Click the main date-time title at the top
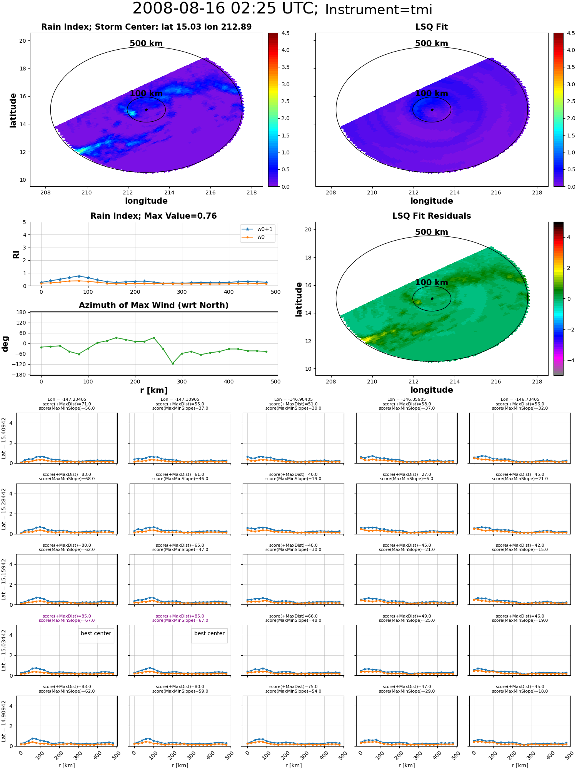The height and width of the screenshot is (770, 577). [x=282, y=9]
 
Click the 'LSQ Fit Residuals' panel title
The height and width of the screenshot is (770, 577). [x=432, y=216]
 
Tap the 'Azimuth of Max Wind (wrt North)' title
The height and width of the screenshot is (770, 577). [x=153, y=305]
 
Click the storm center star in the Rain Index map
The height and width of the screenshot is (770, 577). [x=146, y=110]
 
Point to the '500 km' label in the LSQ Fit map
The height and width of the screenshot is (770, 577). [x=432, y=44]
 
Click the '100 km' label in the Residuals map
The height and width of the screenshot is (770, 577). [x=432, y=282]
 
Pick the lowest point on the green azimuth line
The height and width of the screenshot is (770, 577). [x=173, y=363]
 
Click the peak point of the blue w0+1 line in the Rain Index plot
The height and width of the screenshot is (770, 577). [x=79, y=276]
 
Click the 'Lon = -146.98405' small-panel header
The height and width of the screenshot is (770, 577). [x=293, y=400]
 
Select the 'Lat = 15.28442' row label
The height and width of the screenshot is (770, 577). [x=4, y=509]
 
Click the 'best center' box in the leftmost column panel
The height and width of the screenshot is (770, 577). [x=96, y=633]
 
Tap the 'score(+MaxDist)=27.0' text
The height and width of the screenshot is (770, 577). [x=407, y=474]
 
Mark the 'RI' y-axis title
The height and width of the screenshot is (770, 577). [x=16, y=254]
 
